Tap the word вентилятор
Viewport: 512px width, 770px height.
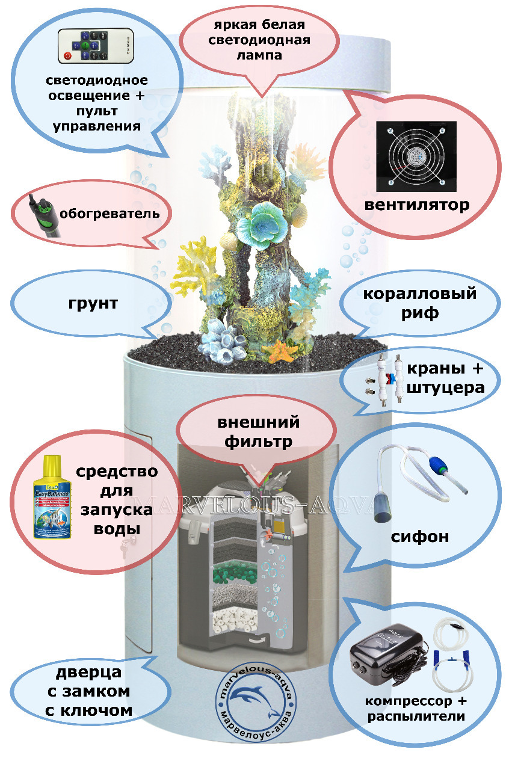point(416,205)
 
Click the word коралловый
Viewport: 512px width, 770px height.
point(419,294)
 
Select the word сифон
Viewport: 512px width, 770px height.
point(420,536)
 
